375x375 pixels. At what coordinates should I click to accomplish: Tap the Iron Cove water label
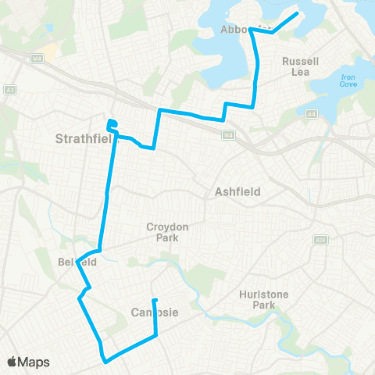click(x=348, y=81)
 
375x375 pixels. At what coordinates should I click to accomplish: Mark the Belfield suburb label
click(x=77, y=262)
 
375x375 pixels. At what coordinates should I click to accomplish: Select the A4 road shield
click(x=311, y=115)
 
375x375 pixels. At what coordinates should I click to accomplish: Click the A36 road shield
click(x=320, y=241)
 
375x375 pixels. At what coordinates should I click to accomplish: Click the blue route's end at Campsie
click(x=154, y=300)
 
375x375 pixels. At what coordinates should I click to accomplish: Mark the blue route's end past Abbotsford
click(x=297, y=14)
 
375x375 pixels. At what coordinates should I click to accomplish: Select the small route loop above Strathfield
click(x=112, y=123)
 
